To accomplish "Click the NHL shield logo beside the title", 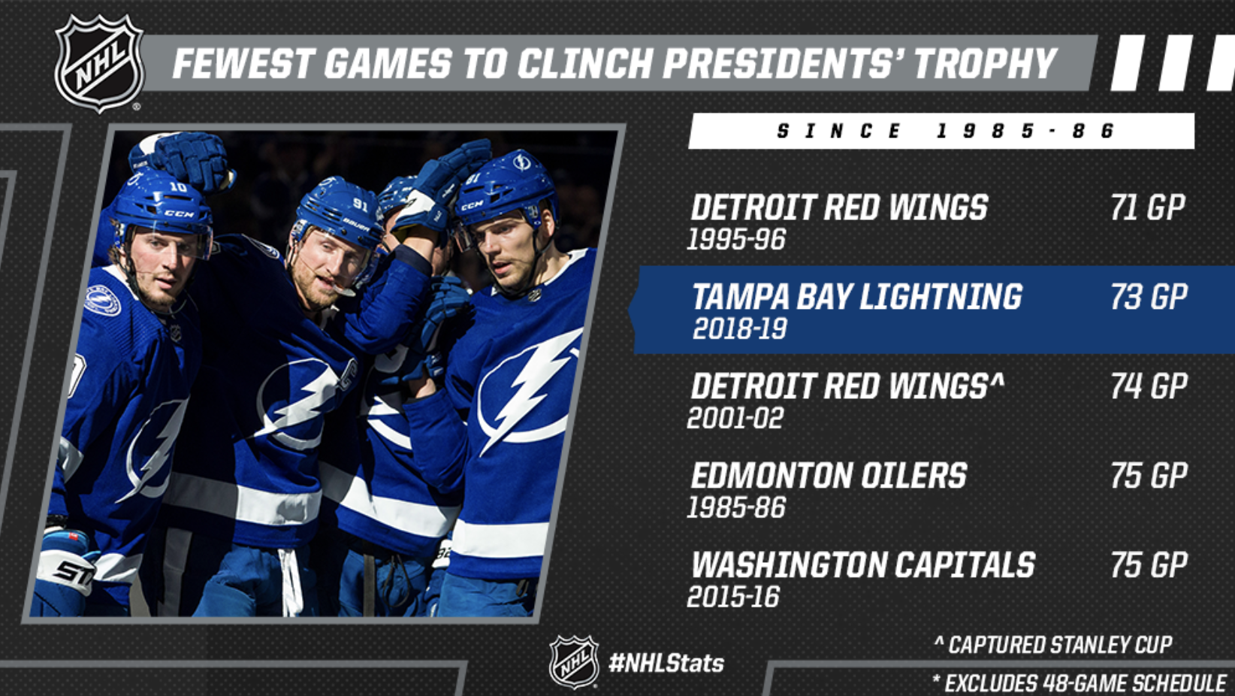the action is click(100, 63).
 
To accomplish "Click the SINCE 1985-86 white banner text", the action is click(945, 132).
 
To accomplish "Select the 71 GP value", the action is click(1148, 207).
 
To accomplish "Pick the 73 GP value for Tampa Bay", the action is click(1149, 297).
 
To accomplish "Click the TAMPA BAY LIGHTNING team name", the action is click(857, 297).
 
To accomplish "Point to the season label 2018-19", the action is click(739, 329).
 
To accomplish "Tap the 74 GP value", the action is click(1149, 386).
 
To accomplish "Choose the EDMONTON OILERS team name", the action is click(829, 475).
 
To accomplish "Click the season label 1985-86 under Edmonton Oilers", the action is click(736, 507).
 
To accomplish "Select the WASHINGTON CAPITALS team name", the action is click(863, 564).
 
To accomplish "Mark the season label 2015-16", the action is click(733, 597).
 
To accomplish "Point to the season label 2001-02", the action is click(735, 418).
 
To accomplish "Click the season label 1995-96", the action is click(736, 239).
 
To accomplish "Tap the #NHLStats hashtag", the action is click(666, 663).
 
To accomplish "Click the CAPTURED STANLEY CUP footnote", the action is click(1053, 645).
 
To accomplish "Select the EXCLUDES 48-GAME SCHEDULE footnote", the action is click(1079, 683).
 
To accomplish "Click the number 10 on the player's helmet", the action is click(178, 187).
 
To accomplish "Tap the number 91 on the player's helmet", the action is click(360, 204).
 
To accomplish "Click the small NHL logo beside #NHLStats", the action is click(574, 662).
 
